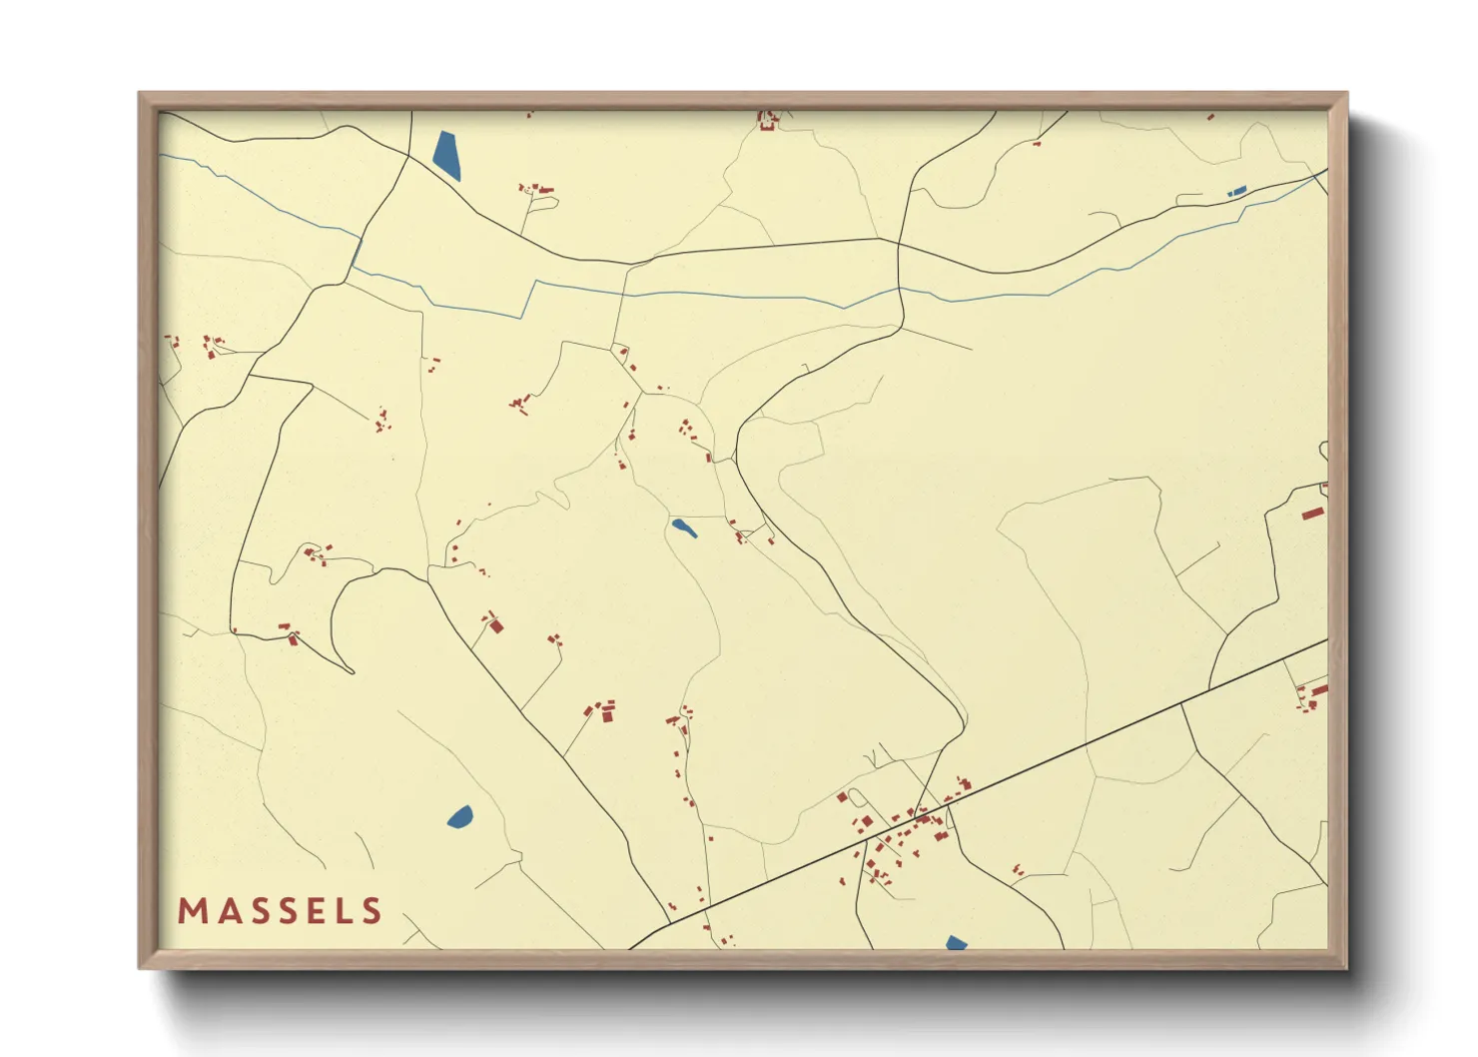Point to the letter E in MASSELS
point(315,911)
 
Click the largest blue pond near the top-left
point(447,156)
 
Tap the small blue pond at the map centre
point(684,528)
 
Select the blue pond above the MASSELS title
point(460,817)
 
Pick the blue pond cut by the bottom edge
point(956,943)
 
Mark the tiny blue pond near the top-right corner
point(1237,190)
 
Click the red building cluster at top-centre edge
point(768,121)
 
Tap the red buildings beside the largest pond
point(536,188)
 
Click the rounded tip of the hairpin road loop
point(352,670)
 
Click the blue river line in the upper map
point(699,295)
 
